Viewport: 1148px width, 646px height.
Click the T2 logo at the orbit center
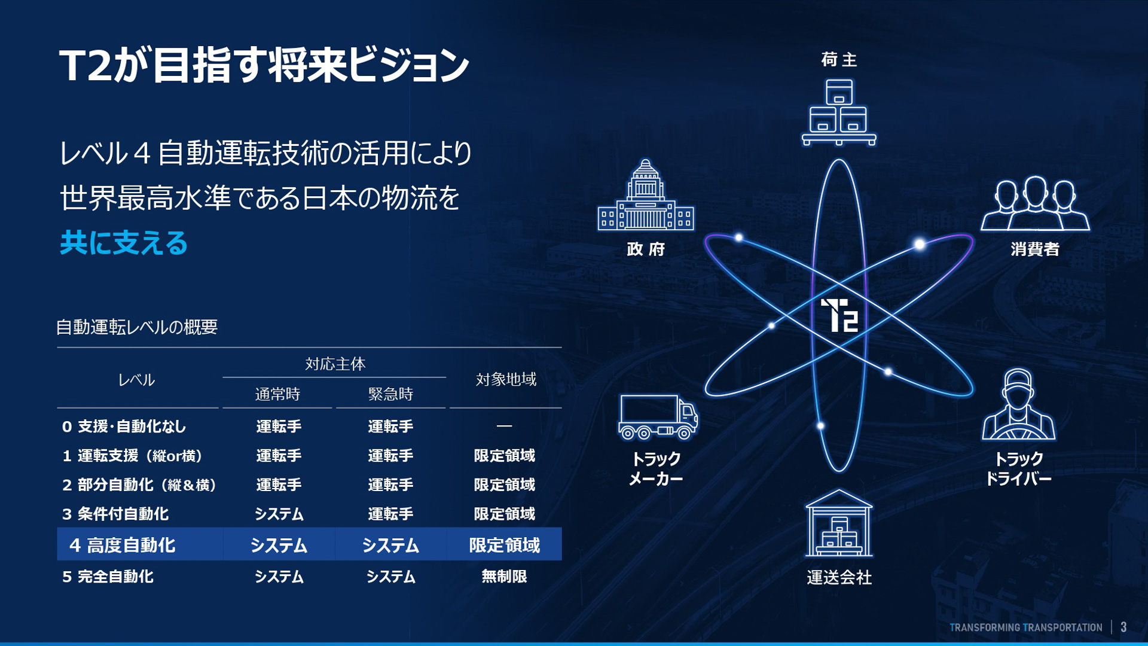pyautogui.click(x=839, y=315)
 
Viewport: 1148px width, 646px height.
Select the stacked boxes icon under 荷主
pyautogui.click(x=839, y=112)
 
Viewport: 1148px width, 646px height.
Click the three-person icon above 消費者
pyautogui.click(x=1035, y=203)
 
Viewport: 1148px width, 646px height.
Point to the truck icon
pyautogui.click(x=658, y=417)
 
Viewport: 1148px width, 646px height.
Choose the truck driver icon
pyautogui.click(x=1018, y=406)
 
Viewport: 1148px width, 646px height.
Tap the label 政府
pyautogui.click(x=646, y=249)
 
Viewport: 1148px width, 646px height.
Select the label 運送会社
pyautogui.click(x=839, y=577)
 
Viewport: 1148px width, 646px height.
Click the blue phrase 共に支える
pyautogui.click(x=124, y=243)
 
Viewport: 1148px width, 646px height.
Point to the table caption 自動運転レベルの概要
pyautogui.click(x=137, y=327)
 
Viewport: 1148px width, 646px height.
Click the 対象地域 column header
pyautogui.click(x=506, y=379)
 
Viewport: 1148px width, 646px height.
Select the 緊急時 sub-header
pyautogui.click(x=390, y=394)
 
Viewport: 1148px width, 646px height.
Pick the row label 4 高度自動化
pyautogui.click(x=123, y=545)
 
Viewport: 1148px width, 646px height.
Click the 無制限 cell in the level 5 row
pyautogui.click(x=504, y=576)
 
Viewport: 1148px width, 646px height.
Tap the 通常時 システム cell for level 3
pyautogui.click(x=279, y=514)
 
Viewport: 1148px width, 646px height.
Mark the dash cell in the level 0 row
pyautogui.click(x=504, y=426)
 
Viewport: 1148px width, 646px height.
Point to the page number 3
pyautogui.click(x=1123, y=627)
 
